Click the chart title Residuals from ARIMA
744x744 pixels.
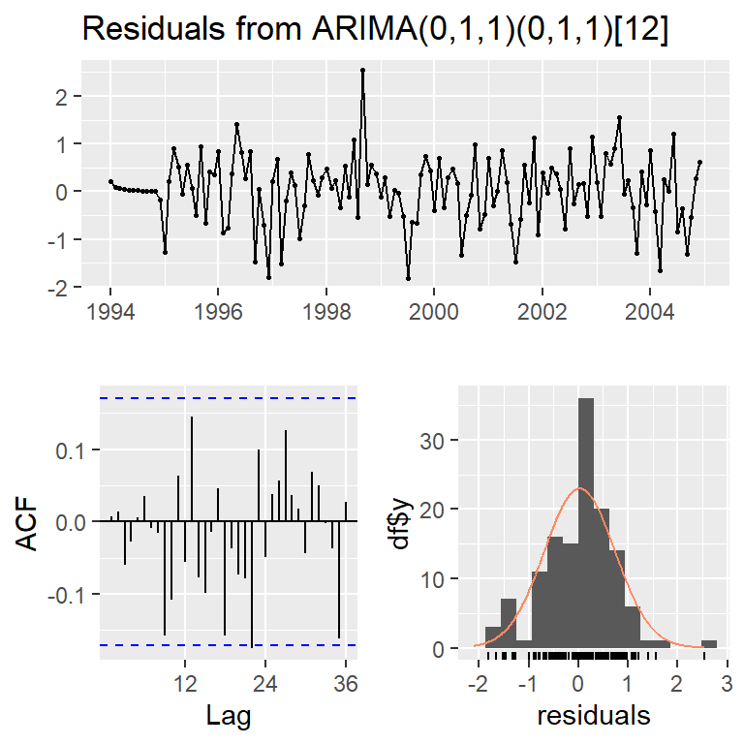[x=374, y=29]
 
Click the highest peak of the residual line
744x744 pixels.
[x=362, y=70]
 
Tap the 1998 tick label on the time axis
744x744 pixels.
[x=326, y=314]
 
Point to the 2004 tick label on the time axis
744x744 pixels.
[x=650, y=314]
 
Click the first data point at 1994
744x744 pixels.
[x=110, y=181]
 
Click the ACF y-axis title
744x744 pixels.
[x=31, y=523]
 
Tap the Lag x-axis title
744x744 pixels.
[x=230, y=716]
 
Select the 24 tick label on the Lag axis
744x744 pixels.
[x=264, y=683]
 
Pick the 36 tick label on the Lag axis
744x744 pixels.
[x=345, y=683]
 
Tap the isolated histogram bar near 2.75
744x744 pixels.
[x=709, y=644]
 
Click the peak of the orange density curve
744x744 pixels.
[x=578, y=488]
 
